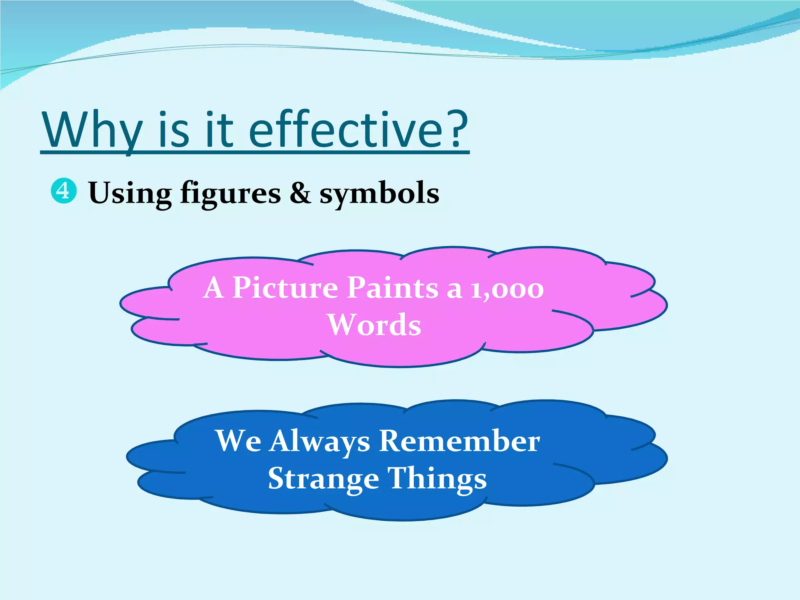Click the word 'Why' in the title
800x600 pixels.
click(x=92, y=130)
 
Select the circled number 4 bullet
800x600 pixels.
click(x=64, y=191)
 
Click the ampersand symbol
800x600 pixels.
click(x=300, y=193)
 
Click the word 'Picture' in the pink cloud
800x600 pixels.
click(x=285, y=288)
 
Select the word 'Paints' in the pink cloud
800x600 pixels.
click(x=393, y=288)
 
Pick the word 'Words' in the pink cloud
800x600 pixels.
click(x=374, y=325)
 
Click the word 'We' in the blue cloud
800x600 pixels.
click(x=238, y=441)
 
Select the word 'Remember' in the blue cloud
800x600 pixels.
click(x=460, y=441)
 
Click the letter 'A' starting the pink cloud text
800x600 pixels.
click(x=214, y=288)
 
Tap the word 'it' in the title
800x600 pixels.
click(x=219, y=130)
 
